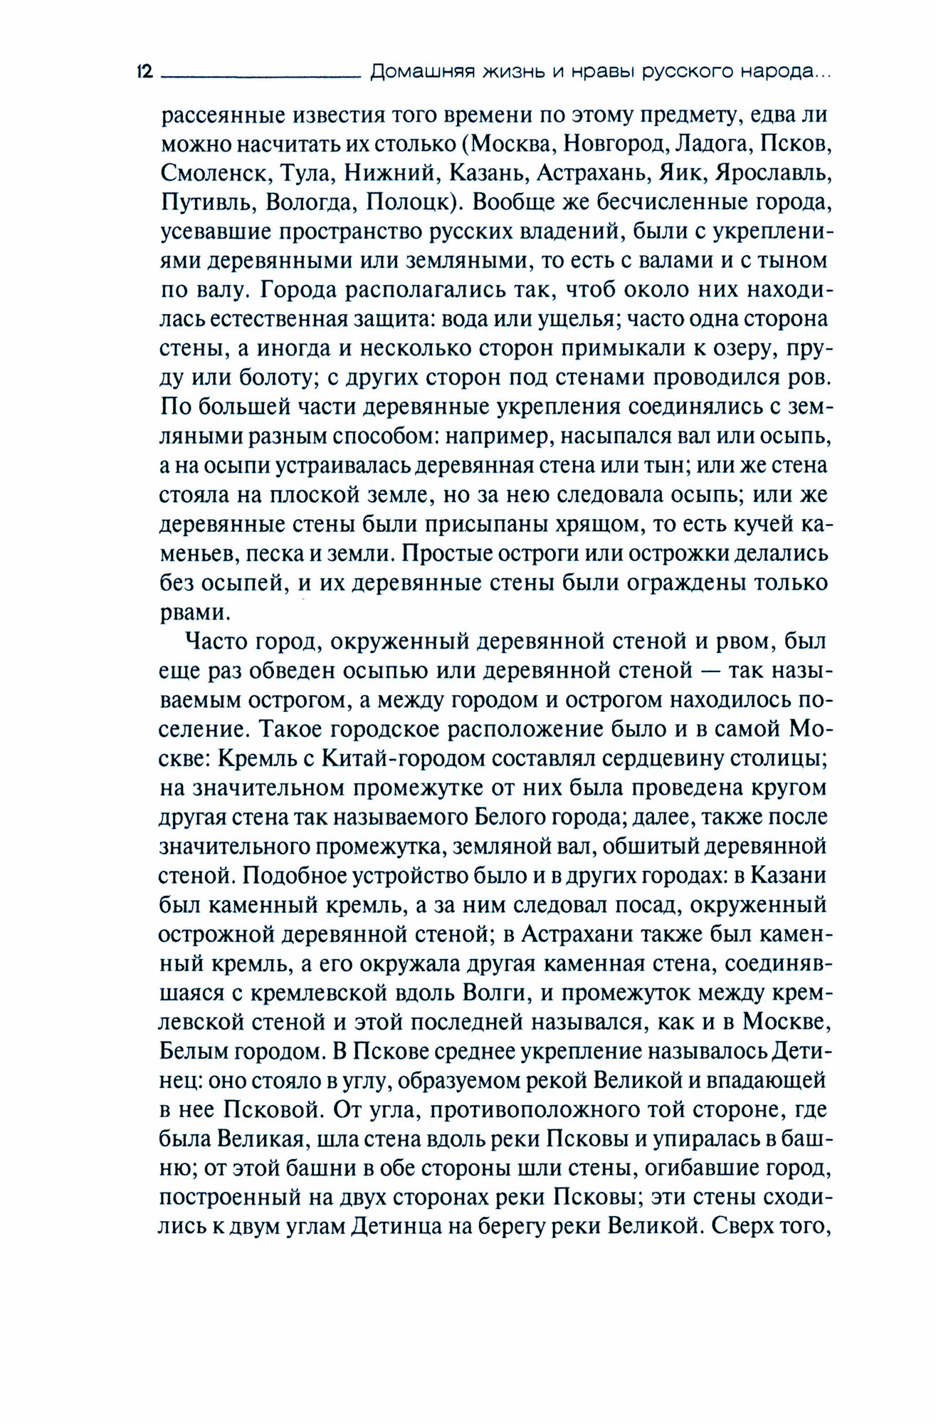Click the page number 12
[144, 72]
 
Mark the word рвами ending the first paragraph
[189, 612]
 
